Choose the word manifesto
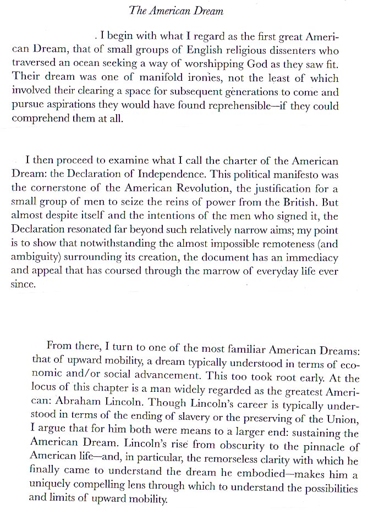click(279, 175)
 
